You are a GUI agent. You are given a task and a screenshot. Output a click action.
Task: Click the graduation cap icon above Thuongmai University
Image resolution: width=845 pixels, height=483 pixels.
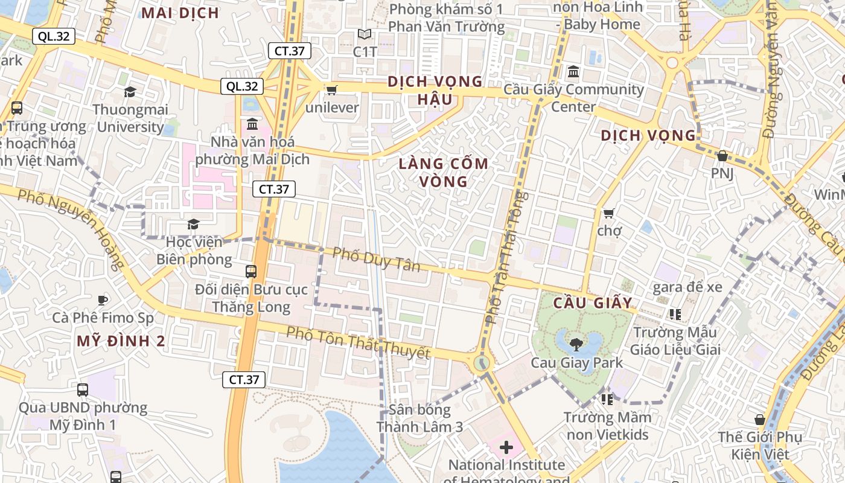point(130,92)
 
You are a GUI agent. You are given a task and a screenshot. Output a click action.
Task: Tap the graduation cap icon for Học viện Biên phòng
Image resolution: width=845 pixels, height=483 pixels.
point(193,225)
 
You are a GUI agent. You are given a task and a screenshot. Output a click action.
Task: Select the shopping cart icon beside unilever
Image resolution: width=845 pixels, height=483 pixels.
point(331,90)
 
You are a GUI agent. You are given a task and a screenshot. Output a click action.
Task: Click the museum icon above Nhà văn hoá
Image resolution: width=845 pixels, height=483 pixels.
point(252,124)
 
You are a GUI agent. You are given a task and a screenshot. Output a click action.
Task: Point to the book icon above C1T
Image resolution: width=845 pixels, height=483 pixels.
point(365,34)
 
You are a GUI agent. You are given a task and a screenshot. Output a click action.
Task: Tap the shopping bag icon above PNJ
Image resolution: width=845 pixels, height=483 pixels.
point(722,156)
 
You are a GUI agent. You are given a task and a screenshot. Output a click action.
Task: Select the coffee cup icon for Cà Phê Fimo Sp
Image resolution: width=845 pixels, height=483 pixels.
point(103,299)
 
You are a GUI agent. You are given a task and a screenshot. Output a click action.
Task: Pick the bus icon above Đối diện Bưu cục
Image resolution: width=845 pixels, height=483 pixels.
point(251,272)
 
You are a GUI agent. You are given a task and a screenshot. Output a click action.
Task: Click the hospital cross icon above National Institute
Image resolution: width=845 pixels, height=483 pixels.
point(506,447)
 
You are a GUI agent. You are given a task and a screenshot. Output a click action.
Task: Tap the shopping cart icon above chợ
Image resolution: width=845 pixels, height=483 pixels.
point(608,213)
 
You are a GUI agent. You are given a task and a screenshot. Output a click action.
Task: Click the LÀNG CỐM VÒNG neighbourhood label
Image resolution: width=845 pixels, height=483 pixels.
point(444,172)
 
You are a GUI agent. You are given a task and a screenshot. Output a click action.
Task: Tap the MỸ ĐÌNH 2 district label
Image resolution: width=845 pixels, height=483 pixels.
point(121,341)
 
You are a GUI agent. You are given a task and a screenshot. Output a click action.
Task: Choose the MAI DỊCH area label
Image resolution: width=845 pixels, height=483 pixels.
point(180,13)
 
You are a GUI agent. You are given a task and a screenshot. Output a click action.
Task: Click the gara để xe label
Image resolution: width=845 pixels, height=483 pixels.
point(687,287)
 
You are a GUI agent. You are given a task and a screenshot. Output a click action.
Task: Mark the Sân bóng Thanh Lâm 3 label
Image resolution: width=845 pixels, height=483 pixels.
point(420,418)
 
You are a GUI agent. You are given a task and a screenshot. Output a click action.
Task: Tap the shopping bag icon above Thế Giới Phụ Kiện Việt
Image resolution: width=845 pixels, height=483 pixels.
point(760,420)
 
